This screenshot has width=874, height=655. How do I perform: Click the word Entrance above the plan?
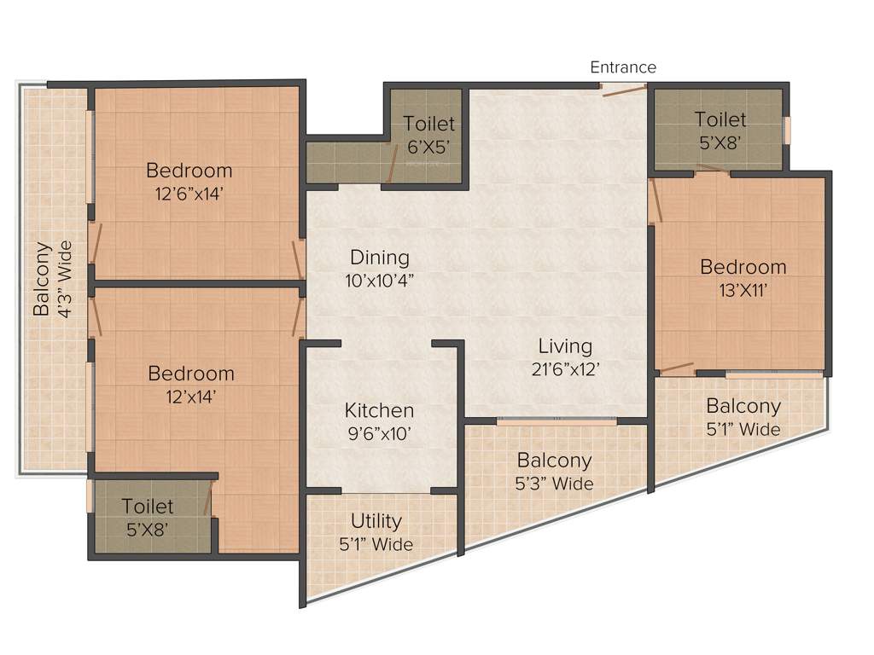(623, 67)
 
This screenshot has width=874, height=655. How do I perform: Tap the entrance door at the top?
(624, 89)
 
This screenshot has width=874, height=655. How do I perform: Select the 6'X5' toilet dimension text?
(429, 147)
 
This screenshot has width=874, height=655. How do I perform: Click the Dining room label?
(380, 257)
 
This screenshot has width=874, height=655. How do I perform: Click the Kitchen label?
(379, 410)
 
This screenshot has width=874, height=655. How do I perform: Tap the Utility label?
(376, 521)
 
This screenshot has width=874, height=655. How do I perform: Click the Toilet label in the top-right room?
(720, 119)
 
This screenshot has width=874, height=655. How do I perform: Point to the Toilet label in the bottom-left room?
(147, 507)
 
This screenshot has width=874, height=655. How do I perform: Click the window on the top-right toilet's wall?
(787, 129)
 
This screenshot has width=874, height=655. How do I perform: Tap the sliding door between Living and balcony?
(556, 420)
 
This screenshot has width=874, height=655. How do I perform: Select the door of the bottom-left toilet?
(207, 498)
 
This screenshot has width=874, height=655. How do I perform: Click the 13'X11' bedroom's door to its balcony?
(677, 369)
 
